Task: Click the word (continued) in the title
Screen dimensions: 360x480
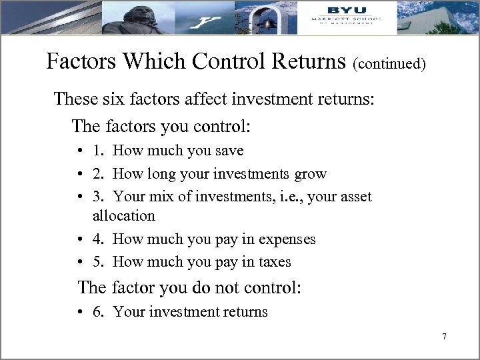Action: [x=389, y=65]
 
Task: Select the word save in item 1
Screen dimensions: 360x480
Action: [x=228, y=151]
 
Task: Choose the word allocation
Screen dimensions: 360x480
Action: [x=124, y=216]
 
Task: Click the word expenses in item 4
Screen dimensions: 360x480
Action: [x=287, y=239]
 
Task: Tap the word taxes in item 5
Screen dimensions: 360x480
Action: [x=275, y=262]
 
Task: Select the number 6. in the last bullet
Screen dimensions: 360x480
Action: [x=99, y=311]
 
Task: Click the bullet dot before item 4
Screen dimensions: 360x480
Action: [x=79, y=239]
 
